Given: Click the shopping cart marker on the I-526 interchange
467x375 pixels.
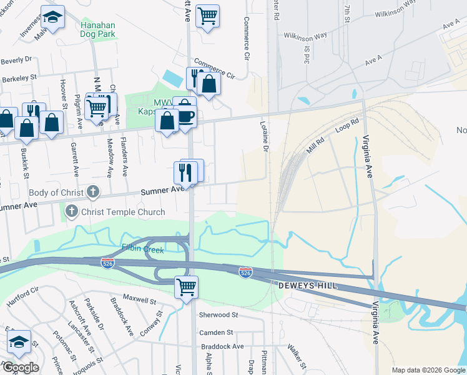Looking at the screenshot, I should tap(185, 288).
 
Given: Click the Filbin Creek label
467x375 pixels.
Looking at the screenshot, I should tap(143, 250).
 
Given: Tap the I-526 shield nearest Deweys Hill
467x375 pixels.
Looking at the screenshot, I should tap(245, 273).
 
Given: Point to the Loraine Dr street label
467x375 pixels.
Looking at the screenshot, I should tap(263, 137).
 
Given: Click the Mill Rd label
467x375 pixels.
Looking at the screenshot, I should tap(317, 147).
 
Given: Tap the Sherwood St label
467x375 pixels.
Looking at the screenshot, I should tap(218, 315).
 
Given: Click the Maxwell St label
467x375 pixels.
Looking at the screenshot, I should tap(139, 299).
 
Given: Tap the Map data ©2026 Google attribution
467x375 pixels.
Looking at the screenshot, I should tap(428, 370).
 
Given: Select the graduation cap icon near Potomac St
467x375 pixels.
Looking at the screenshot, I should tap(19, 342).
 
